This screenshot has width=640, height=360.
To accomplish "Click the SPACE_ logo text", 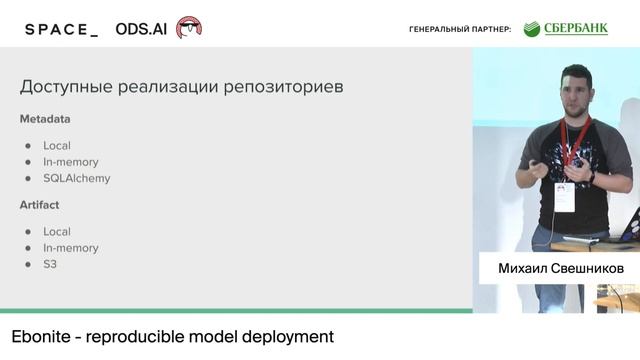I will click(x=61, y=29).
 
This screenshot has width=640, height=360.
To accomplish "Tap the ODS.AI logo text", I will click(x=141, y=29).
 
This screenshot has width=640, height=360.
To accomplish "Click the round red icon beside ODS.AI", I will click(x=188, y=28).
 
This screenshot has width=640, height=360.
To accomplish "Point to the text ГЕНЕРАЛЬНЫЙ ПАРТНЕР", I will click(x=460, y=30).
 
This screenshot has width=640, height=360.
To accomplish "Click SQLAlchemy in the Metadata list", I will click(x=76, y=179).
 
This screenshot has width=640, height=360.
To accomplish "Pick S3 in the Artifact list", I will click(x=50, y=265).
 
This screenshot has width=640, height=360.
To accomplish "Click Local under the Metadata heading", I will click(x=57, y=146).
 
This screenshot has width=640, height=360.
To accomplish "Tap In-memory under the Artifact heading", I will click(x=70, y=248).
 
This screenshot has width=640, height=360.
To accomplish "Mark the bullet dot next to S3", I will click(x=28, y=265).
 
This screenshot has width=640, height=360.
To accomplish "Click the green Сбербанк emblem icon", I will click(x=530, y=29).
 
